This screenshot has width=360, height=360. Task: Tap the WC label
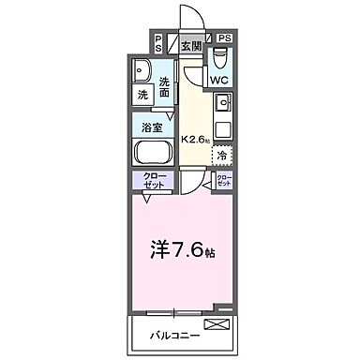click(x=217, y=81)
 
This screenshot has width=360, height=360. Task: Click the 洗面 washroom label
click(x=166, y=87)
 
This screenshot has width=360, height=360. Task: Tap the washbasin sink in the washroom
click(x=142, y=71)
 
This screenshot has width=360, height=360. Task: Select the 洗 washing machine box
click(x=143, y=96)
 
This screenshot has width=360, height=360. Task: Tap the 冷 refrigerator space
click(x=223, y=156)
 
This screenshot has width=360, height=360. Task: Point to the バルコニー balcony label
click(x=164, y=333)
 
